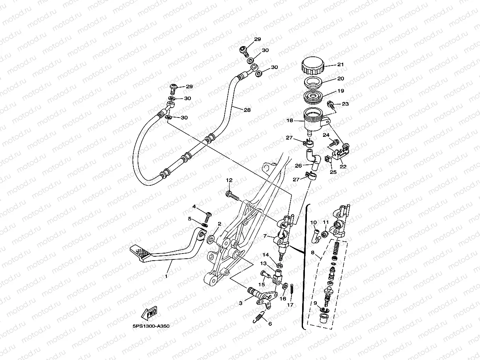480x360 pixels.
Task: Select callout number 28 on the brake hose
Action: (247, 110)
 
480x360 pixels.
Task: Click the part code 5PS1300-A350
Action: (151, 326)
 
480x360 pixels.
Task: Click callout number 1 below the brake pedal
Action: (166, 276)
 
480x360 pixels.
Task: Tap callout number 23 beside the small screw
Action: (345, 104)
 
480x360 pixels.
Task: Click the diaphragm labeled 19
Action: (314, 96)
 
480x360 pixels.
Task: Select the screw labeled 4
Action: (207, 215)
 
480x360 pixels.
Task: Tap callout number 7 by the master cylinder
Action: (266, 237)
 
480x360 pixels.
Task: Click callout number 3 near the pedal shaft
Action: (240, 303)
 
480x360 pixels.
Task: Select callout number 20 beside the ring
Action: (340, 78)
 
